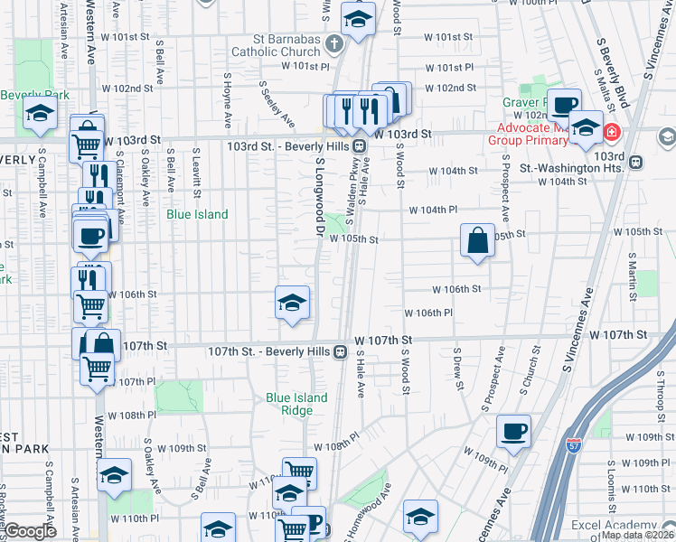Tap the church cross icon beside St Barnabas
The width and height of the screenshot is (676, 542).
click(334, 43)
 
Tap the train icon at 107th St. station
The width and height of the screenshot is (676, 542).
click(341, 351)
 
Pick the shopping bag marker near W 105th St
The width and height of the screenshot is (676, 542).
click(477, 241)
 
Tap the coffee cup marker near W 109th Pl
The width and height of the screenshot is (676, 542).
click(514, 431)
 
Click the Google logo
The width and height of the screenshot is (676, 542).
click(31, 530)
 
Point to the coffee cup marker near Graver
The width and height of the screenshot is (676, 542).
click(566, 105)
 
